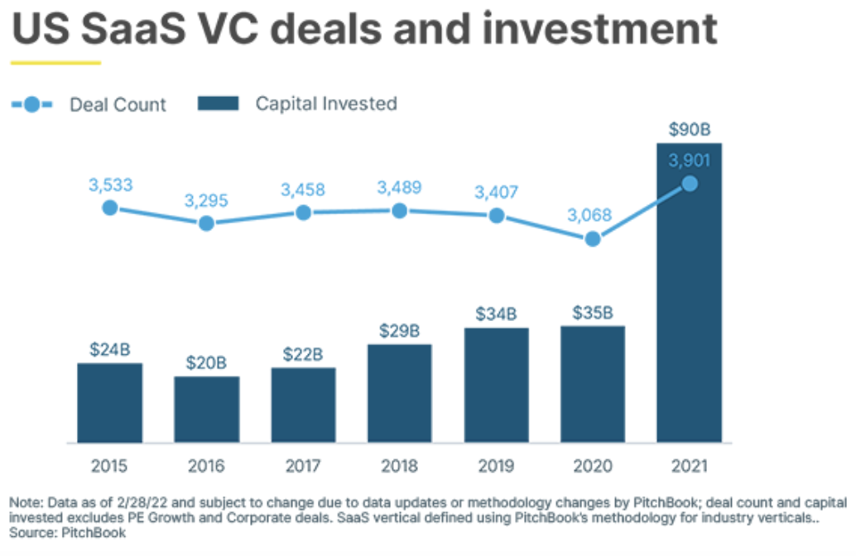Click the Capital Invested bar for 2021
tap(689, 314)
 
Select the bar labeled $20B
tap(206, 409)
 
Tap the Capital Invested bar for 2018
tap(399, 392)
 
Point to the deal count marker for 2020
tap(592, 239)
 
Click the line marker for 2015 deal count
tap(110, 207)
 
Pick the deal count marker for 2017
tap(303, 213)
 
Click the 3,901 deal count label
tap(689, 161)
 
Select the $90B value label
tap(689, 131)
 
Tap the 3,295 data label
tap(206, 201)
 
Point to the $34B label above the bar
tap(496, 315)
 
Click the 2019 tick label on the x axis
tap(496, 466)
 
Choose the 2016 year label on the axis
tap(206, 466)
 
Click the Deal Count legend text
tap(118, 105)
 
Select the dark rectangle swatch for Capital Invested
tap(218, 104)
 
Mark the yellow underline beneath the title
tap(55, 62)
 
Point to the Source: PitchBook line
tap(68, 533)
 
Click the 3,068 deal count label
tap(590, 216)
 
